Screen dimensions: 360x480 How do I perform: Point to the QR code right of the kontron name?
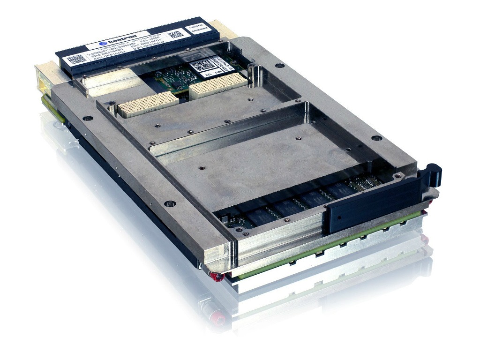point(175,35)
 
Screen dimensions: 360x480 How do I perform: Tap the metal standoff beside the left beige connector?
point(112,109)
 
